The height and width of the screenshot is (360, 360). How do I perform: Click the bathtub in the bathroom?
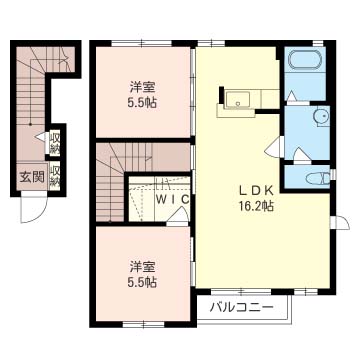[x=304, y=60]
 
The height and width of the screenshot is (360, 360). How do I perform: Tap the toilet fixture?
[x=318, y=178]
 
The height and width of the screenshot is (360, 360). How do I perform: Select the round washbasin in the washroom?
[x=321, y=115]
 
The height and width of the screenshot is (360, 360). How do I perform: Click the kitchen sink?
[x=237, y=99]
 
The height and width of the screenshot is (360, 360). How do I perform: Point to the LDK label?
[x=257, y=191]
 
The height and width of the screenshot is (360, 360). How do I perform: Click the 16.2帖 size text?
[x=256, y=207]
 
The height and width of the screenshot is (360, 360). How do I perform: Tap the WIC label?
[x=173, y=199]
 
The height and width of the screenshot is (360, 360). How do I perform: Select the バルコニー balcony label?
[x=242, y=307]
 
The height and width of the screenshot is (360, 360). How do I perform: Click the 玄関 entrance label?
[x=32, y=177]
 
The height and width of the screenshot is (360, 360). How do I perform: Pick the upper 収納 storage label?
[x=55, y=143]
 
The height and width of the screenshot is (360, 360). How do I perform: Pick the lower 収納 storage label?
[x=55, y=176]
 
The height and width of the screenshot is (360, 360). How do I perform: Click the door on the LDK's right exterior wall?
[x=340, y=223]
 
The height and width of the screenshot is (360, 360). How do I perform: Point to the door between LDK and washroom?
[x=274, y=147]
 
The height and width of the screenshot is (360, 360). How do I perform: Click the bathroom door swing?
[x=294, y=96]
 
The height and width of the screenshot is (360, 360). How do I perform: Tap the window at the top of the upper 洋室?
[x=141, y=43]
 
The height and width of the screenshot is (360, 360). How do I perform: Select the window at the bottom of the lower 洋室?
[x=143, y=323]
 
